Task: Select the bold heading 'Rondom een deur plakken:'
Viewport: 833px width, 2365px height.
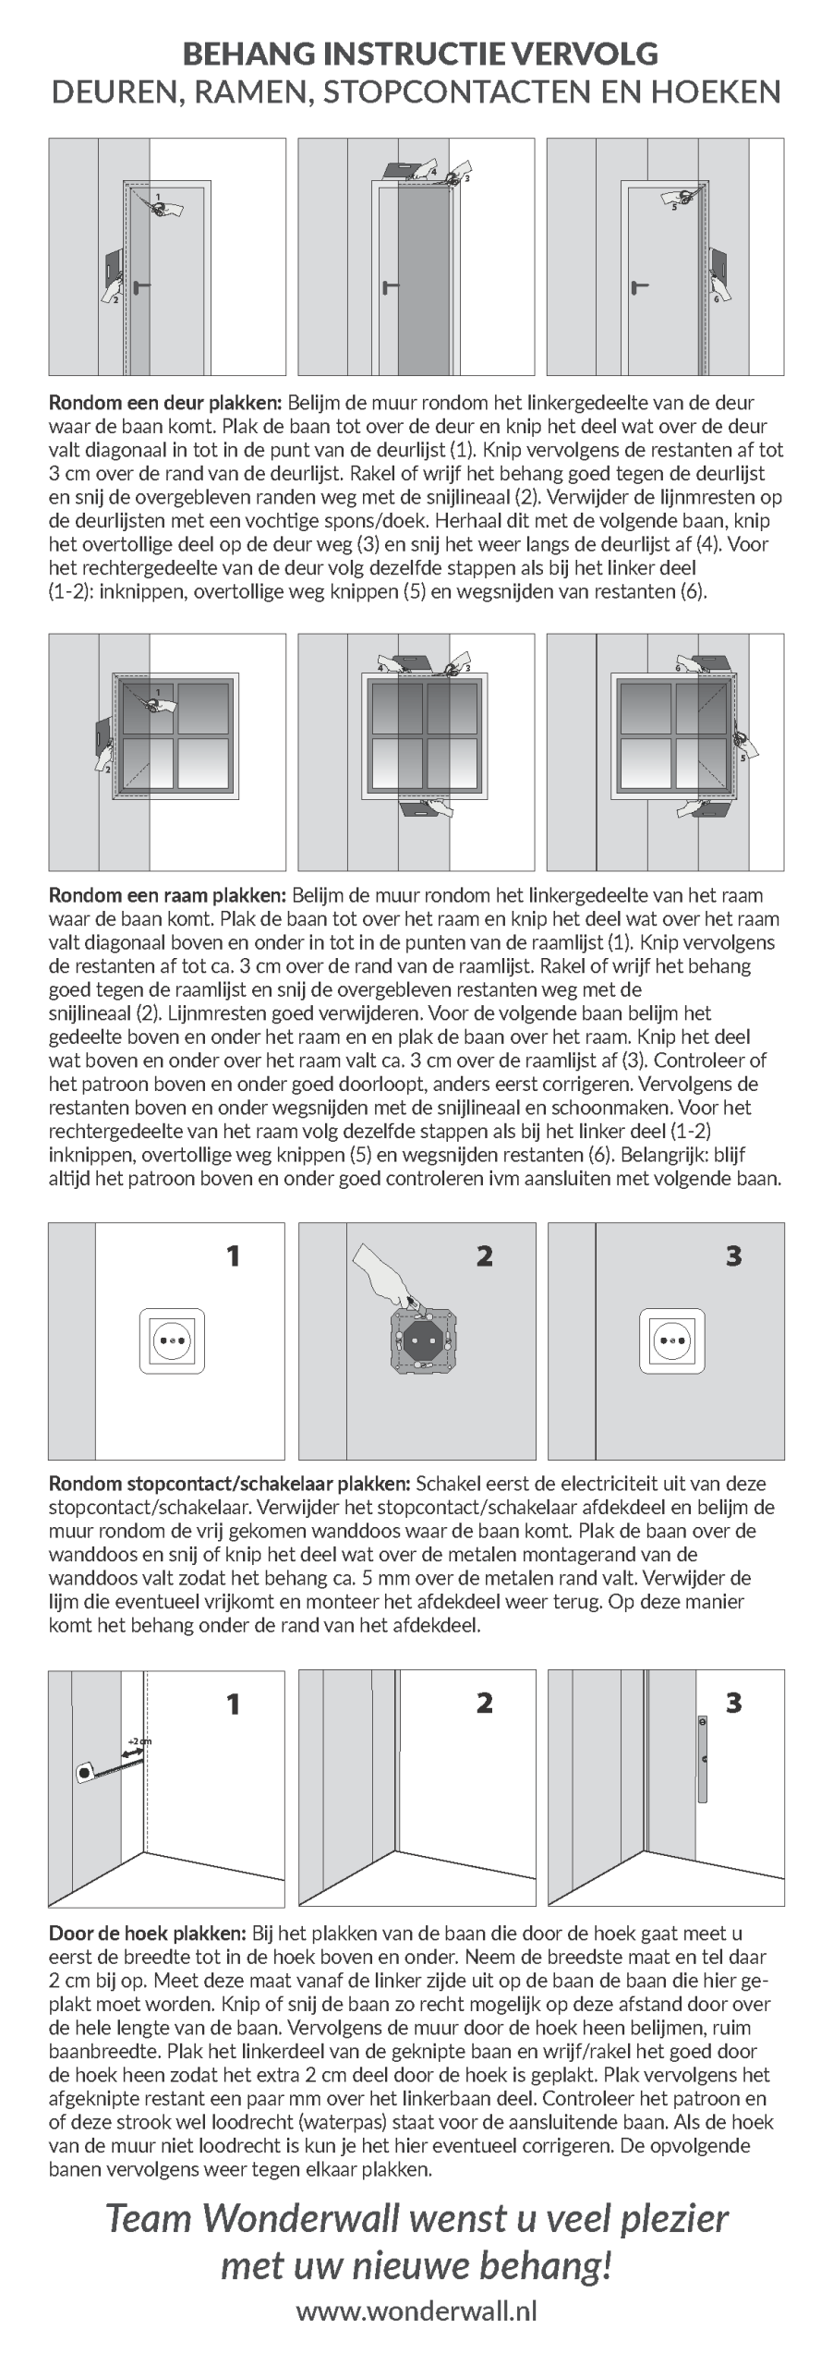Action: (x=166, y=403)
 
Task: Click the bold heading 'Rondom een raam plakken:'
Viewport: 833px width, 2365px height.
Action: (x=168, y=894)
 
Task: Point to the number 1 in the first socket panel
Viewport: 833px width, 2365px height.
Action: (x=234, y=1255)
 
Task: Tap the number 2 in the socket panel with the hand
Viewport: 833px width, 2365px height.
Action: (x=484, y=1255)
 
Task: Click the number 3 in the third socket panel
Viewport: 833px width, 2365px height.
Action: (x=734, y=1255)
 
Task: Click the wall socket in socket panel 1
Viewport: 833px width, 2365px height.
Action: (x=172, y=1340)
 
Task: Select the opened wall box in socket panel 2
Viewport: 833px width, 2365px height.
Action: (x=422, y=1340)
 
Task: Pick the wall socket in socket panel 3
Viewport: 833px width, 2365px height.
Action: (x=672, y=1340)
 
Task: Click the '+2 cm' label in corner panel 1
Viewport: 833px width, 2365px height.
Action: (x=139, y=1741)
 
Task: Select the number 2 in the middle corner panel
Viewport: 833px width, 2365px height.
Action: (x=484, y=1703)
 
